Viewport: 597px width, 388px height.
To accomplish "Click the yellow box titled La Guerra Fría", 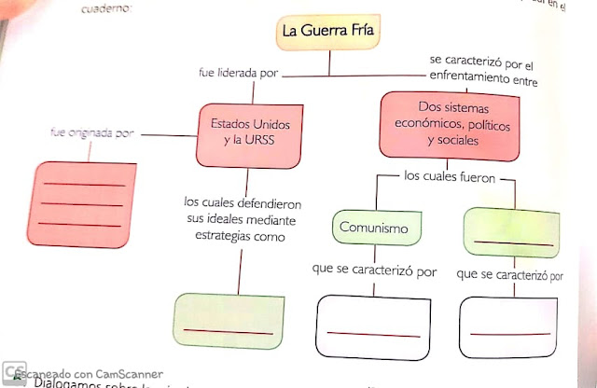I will click(x=329, y=32).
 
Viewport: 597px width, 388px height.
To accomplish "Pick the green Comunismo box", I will click(x=376, y=227).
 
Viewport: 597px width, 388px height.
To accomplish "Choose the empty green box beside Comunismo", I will click(x=511, y=232).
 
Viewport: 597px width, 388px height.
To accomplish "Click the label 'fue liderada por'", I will click(x=237, y=73).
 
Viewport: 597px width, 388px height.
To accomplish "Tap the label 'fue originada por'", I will click(x=92, y=134).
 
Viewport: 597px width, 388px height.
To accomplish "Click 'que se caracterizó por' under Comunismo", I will click(x=375, y=270).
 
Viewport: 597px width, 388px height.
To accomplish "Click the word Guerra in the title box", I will click(x=329, y=32).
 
